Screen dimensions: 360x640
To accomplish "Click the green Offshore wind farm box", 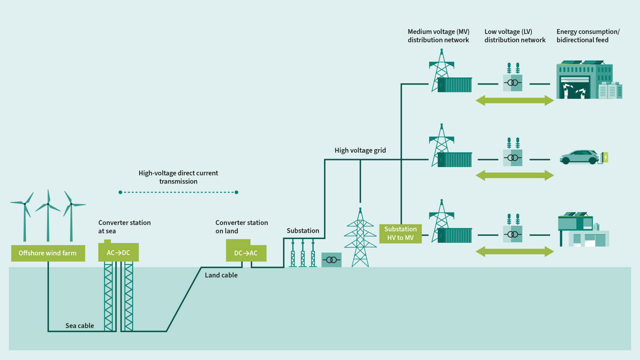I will (x=47, y=253).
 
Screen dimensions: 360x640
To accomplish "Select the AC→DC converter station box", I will (x=118, y=252).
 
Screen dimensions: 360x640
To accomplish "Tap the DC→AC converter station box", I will (x=246, y=252).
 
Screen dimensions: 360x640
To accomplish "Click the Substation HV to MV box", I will (x=400, y=233).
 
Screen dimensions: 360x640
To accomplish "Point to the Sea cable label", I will (x=79, y=325).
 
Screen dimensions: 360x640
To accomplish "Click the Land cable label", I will (x=221, y=275).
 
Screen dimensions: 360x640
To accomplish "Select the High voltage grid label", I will (x=360, y=150).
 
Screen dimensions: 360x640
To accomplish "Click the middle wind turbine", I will (x=48, y=215).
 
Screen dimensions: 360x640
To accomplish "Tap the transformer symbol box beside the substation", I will (x=331, y=260).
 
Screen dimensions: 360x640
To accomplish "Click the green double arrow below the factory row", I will (x=514, y=100).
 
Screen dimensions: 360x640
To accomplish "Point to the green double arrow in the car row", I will (x=514, y=175).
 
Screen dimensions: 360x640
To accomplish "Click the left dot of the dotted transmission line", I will (x=120, y=192).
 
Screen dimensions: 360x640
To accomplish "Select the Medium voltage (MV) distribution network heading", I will (x=438, y=36).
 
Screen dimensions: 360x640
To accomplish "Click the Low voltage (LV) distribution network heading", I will (x=514, y=36).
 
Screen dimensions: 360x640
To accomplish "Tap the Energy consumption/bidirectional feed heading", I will (x=587, y=36).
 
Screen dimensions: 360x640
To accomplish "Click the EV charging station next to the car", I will (x=606, y=158).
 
